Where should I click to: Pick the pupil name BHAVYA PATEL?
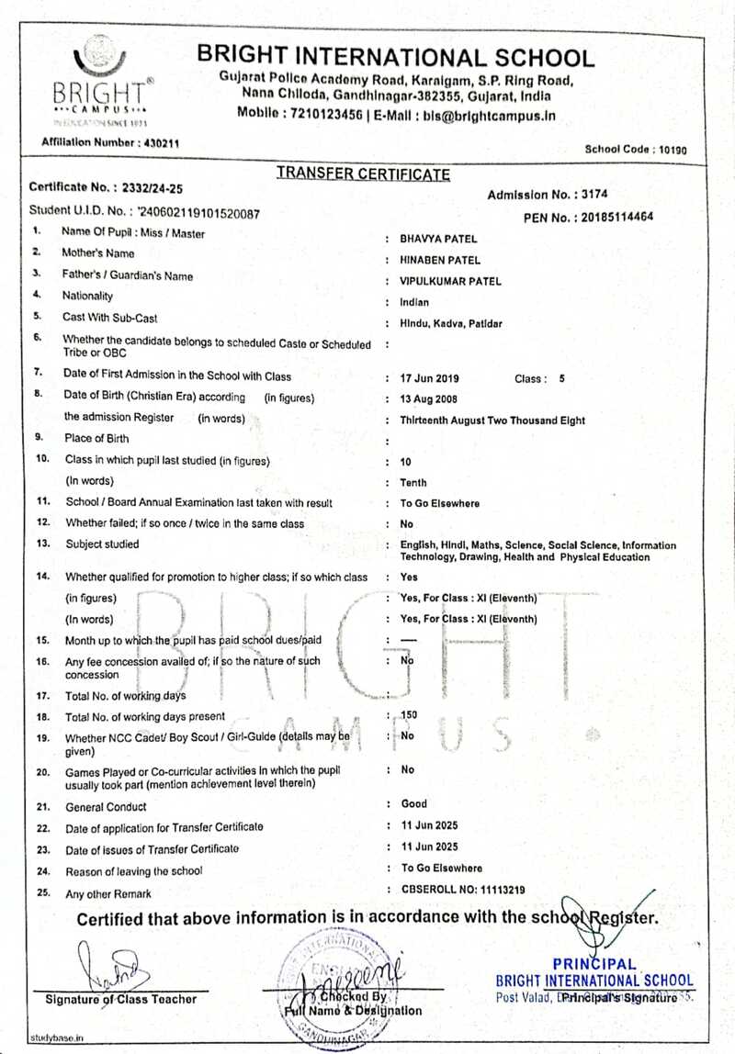(x=437, y=239)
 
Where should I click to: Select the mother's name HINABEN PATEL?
(x=440, y=261)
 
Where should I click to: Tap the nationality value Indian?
(x=414, y=302)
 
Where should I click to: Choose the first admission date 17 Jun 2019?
(x=430, y=378)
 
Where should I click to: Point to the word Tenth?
(x=413, y=483)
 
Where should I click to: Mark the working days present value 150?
(x=410, y=714)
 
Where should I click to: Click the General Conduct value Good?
(x=413, y=804)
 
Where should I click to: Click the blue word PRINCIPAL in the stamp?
(x=594, y=964)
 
